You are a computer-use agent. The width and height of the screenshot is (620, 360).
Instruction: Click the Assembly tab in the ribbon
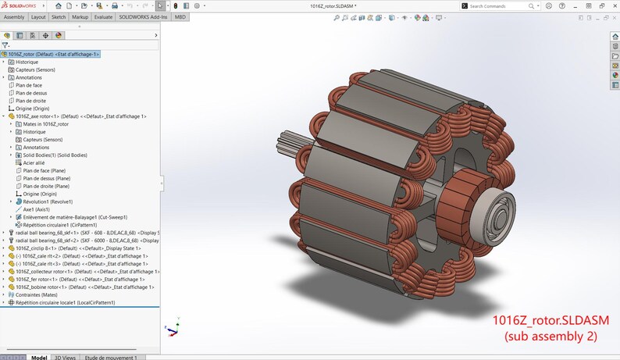pos(14,16)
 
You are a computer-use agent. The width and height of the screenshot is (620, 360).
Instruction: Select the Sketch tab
pos(59,16)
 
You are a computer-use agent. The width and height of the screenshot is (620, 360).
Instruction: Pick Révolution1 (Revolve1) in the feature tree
pos(48,201)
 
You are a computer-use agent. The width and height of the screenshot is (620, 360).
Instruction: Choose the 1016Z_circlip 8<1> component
pos(43,248)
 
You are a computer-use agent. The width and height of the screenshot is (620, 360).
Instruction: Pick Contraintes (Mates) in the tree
pos(37,294)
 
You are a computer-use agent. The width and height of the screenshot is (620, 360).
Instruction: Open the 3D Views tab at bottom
pos(64,357)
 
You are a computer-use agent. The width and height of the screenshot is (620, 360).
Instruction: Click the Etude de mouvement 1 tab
pos(112,357)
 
